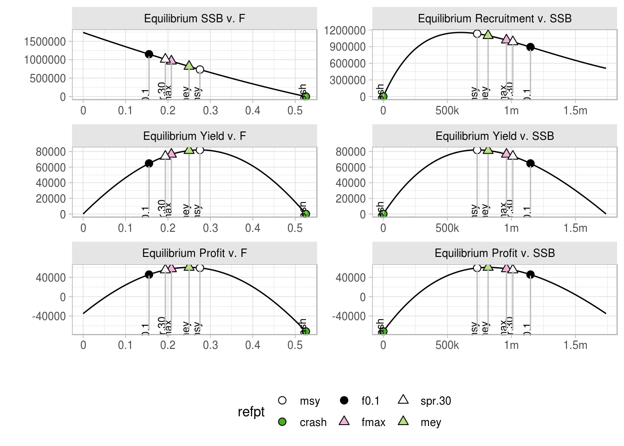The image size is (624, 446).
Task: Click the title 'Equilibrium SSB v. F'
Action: pyautogui.click(x=195, y=19)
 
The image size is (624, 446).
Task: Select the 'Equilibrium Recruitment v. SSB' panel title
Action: pyautogui.click(x=494, y=19)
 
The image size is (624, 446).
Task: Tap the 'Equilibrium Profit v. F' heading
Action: pyautogui.click(x=195, y=253)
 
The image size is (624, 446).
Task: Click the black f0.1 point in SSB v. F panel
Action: pyautogui.click(x=149, y=54)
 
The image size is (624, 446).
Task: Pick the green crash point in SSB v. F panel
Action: pyautogui.click(x=305, y=97)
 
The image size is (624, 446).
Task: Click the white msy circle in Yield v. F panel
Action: pyautogui.click(x=200, y=150)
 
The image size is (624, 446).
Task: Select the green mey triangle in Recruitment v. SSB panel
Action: pyautogui.click(x=488, y=34)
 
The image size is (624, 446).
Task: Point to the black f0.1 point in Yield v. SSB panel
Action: pyautogui.click(x=530, y=164)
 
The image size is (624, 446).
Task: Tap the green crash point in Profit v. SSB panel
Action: pyautogui.click(x=383, y=331)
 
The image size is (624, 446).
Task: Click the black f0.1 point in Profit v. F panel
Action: pyautogui.click(x=149, y=275)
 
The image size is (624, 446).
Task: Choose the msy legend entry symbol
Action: pyautogui.click(x=282, y=400)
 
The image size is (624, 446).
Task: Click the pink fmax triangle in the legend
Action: pyautogui.click(x=344, y=421)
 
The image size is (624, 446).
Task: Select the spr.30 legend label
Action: pyautogui.click(x=435, y=401)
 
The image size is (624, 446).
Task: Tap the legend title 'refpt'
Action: pyautogui.click(x=251, y=412)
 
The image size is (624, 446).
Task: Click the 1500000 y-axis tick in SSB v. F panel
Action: pyautogui.click(x=45, y=41)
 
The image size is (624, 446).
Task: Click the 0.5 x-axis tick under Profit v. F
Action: pyautogui.click(x=295, y=345)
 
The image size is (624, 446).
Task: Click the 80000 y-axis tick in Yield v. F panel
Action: pyautogui.click(x=51, y=151)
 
